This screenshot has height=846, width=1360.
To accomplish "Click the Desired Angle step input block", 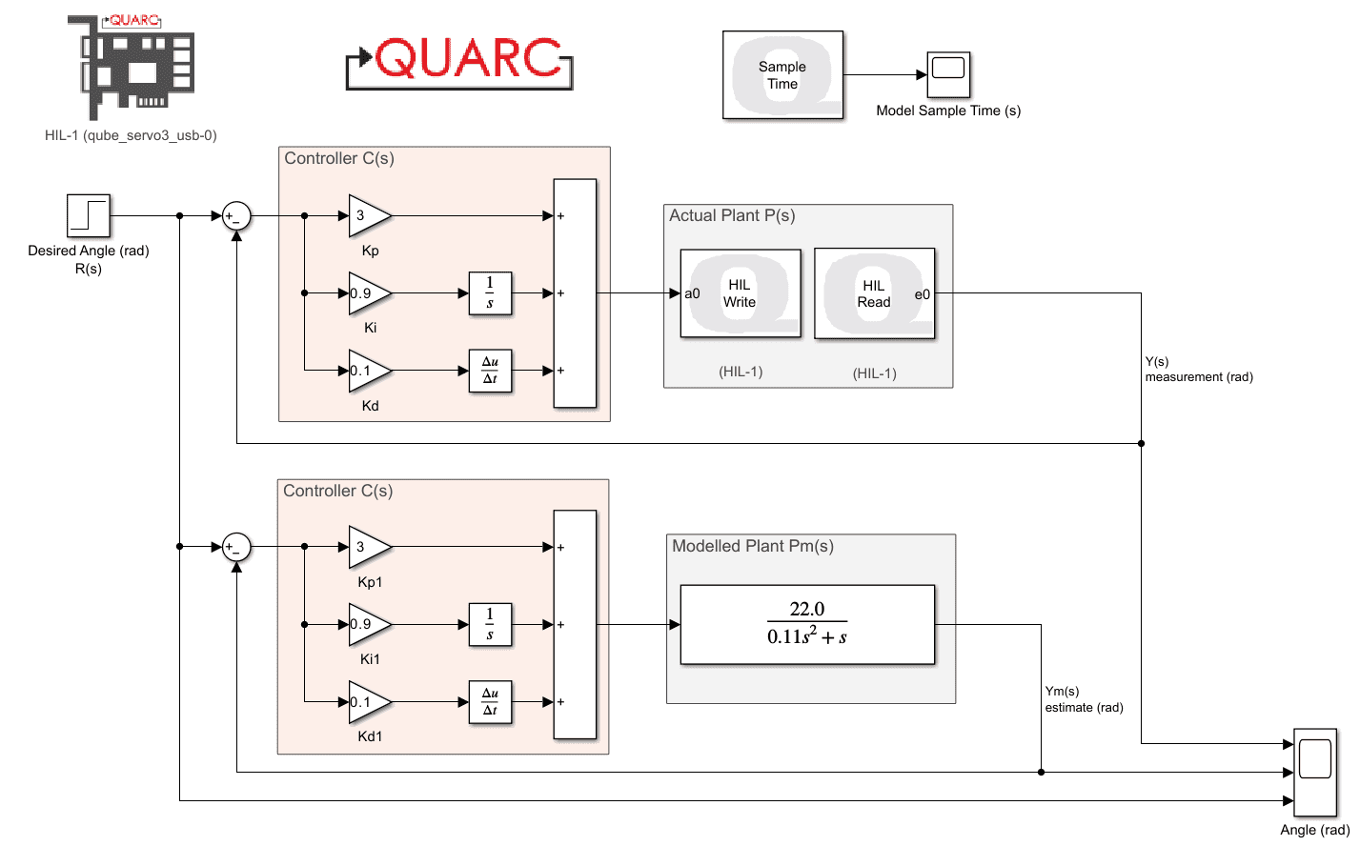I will pyautogui.click(x=89, y=216).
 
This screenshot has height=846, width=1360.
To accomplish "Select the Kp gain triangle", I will pyautogui.click(x=368, y=216).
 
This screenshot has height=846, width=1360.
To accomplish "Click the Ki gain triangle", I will pyautogui.click(x=368, y=293).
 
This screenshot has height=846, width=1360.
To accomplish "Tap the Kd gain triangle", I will pyautogui.click(x=368, y=371).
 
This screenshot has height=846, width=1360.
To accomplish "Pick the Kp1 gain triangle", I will pyautogui.click(x=368, y=547).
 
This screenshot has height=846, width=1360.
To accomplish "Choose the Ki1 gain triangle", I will pyautogui.click(x=368, y=624).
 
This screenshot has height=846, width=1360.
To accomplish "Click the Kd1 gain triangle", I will pyautogui.click(x=368, y=702).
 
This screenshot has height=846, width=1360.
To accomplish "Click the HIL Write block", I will pyautogui.click(x=741, y=293).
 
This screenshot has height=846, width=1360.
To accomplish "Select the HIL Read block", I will pyautogui.click(x=875, y=293).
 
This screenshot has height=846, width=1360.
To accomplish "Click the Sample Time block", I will pyautogui.click(x=782, y=75).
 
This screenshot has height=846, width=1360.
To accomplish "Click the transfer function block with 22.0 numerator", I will pyautogui.click(x=807, y=624).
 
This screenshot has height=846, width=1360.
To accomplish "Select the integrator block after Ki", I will pyautogui.click(x=490, y=293).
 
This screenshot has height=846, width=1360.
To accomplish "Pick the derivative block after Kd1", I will pyautogui.click(x=490, y=702).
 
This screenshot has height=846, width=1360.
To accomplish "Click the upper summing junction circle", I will pyautogui.click(x=236, y=216).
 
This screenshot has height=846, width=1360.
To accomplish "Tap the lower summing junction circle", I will pyautogui.click(x=236, y=547).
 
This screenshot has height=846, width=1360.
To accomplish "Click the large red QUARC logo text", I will pyautogui.click(x=467, y=59).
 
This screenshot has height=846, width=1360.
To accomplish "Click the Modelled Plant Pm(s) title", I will pyautogui.click(x=753, y=547).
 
